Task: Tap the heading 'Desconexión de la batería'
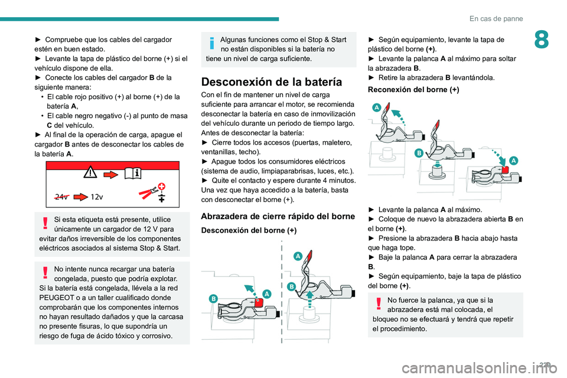pyautogui.click(x=271, y=82)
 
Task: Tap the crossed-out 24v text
pyautogui.click(x=60, y=197)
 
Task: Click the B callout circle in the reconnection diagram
pyautogui.click(x=419, y=153)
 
